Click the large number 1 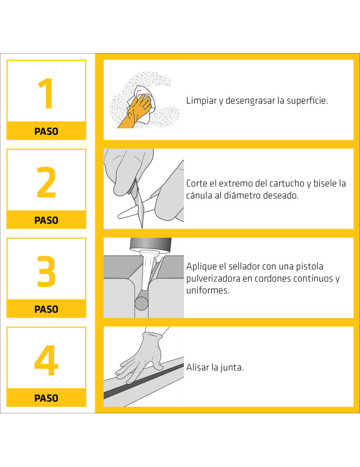click(46, 94)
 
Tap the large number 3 click(46, 272)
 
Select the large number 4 click(46, 361)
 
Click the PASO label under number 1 click(46, 132)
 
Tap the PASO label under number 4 click(46, 398)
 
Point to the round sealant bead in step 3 click(141, 302)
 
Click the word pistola click(324, 267)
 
